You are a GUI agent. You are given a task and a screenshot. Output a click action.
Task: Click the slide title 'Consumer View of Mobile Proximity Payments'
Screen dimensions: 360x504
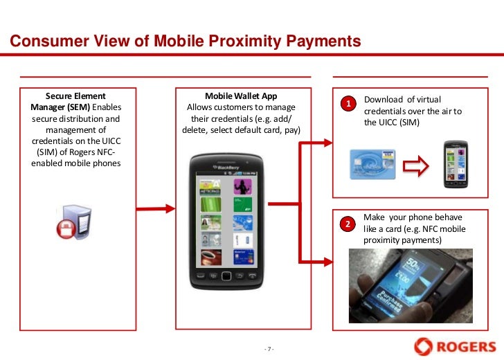(186, 42)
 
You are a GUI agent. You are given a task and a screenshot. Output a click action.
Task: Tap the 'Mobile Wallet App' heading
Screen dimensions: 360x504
(241, 96)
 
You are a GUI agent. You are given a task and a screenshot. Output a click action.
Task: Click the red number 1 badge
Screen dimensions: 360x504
(350, 104)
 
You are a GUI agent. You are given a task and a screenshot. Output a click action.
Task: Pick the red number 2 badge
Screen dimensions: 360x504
(350, 224)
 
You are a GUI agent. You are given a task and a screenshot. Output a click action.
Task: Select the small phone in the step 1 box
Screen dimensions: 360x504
(456, 165)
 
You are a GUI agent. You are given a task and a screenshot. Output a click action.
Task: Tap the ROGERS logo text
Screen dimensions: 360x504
(465, 345)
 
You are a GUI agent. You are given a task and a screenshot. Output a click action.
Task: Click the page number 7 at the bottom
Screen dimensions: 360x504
(270, 348)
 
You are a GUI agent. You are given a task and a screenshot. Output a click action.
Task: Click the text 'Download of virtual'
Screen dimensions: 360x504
(402, 100)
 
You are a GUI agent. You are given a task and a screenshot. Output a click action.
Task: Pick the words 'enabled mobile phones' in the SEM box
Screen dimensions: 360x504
(75, 163)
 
